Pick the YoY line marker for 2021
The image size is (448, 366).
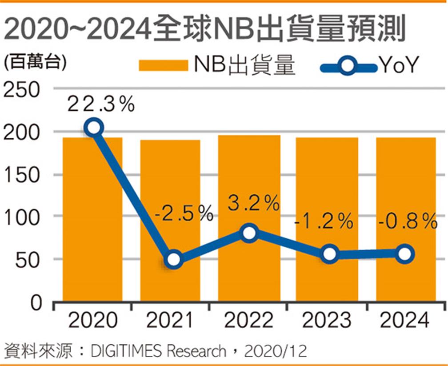(173, 259)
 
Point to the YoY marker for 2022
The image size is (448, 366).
(249, 233)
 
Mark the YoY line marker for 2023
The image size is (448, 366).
(329, 254)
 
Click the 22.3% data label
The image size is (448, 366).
(101, 105)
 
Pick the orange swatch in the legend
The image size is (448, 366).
(164, 66)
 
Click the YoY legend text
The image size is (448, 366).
(398, 66)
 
